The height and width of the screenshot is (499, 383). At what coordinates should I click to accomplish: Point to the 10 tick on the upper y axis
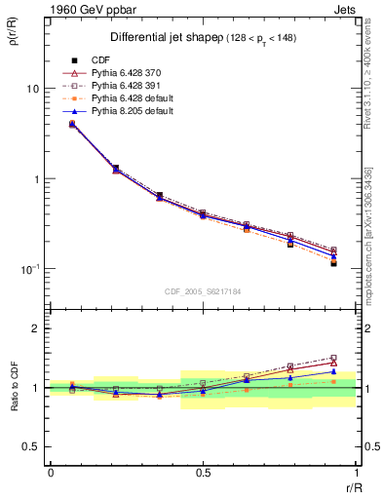tap(33, 89)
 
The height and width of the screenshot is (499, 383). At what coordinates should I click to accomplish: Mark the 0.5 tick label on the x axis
tap(203, 473)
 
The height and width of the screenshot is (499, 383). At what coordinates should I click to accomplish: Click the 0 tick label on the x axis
tap(51, 473)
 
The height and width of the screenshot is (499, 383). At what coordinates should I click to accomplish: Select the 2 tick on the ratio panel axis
tap(36, 328)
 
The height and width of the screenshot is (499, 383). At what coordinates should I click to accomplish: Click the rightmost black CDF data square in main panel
tap(333, 263)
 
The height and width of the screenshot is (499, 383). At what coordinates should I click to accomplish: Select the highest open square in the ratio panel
tap(333, 358)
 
